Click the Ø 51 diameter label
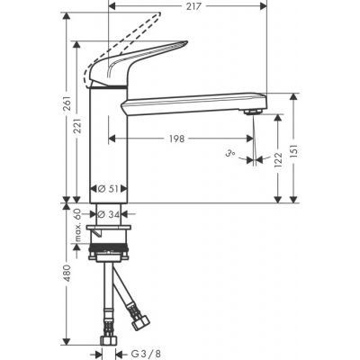[108, 189]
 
